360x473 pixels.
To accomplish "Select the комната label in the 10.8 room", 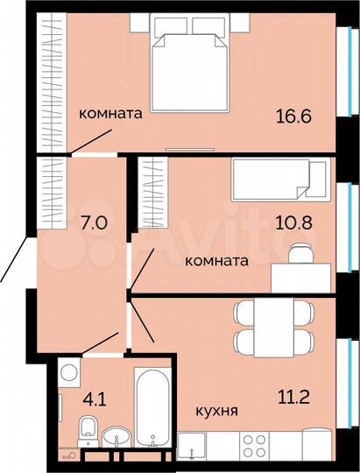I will [216, 260].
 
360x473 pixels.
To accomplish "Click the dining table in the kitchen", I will [272, 328].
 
